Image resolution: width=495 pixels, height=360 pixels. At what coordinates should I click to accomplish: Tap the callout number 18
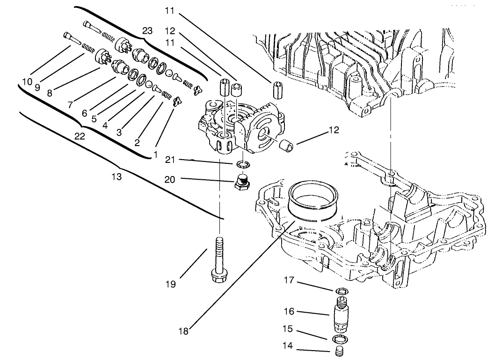point(184,331)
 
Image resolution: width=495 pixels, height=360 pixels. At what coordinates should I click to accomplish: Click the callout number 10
point(27,81)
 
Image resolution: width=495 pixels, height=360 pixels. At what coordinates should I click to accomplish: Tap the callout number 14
point(289,347)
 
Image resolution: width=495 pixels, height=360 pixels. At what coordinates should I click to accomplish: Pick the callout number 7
point(70,105)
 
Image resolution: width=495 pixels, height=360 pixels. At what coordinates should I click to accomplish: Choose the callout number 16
point(290,311)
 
